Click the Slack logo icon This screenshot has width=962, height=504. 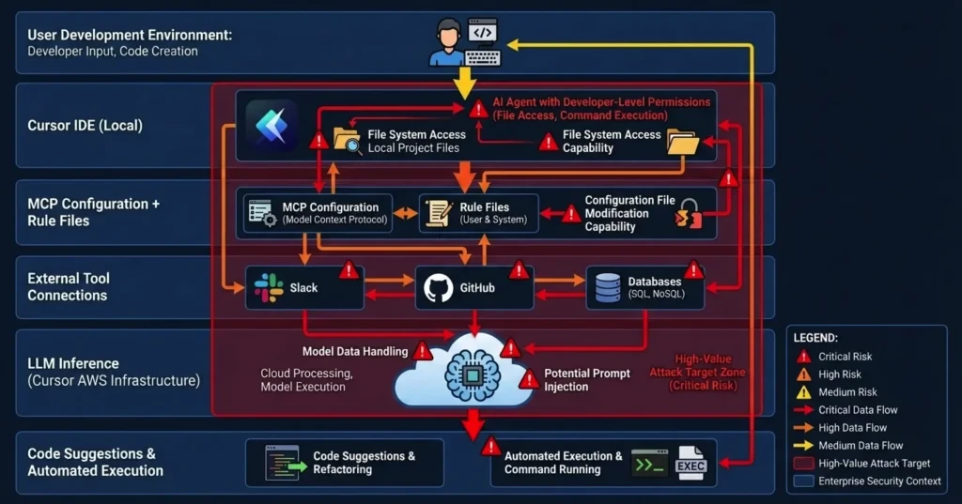[269, 287]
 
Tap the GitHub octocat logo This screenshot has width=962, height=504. [439, 287]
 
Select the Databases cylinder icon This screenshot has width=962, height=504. [608, 287]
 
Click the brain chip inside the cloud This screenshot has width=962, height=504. [471, 372]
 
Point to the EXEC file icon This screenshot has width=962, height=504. [690, 464]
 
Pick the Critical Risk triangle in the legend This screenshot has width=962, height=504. [803, 357]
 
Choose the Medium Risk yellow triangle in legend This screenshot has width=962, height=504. [803, 392]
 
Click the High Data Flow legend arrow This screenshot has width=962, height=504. [803, 428]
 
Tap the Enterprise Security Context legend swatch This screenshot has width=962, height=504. [803, 481]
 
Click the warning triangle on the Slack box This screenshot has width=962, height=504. [349, 271]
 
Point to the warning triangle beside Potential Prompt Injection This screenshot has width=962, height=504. [529, 380]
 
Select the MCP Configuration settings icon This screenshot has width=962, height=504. [258, 212]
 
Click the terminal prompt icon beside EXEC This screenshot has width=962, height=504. [649, 464]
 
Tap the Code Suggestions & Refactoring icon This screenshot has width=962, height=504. [282, 463]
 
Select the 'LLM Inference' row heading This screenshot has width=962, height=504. [73, 363]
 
